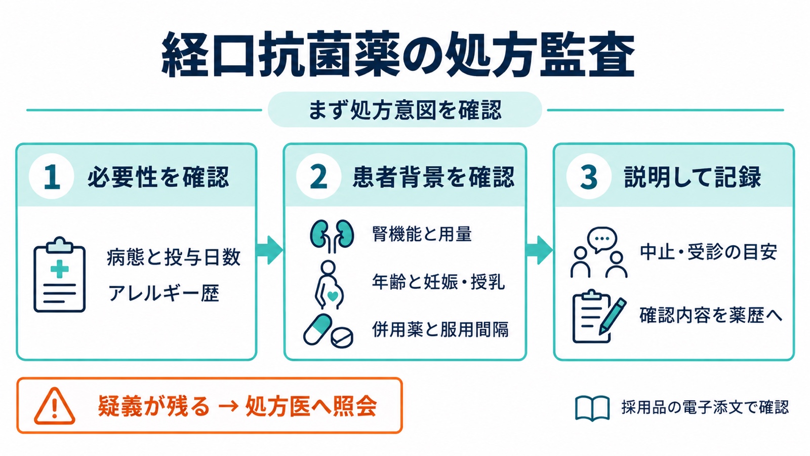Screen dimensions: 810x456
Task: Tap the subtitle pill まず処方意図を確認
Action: click(x=404, y=109)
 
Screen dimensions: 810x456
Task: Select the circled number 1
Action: click(x=52, y=177)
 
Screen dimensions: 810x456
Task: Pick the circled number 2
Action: click(x=318, y=177)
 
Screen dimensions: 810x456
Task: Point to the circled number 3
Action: click(x=589, y=177)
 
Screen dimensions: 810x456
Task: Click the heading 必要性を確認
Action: click(x=158, y=177)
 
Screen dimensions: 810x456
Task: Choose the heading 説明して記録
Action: click(x=692, y=177)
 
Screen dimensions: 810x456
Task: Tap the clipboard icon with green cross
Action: click(x=60, y=275)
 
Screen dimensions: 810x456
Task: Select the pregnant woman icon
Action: click(x=329, y=285)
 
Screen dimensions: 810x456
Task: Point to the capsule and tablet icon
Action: click(x=328, y=331)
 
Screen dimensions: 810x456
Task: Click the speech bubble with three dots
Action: click(x=602, y=239)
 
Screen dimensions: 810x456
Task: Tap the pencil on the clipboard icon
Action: click(x=613, y=316)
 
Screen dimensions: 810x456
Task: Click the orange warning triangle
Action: click(x=55, y=406)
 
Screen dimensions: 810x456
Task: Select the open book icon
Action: click(x=592, y=408)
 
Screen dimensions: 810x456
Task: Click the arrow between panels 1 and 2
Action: click(x=270, y=250)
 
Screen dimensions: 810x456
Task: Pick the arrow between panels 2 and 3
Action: click(x=539, y=250)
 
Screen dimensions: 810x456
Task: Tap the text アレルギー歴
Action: click(x=164, y=293)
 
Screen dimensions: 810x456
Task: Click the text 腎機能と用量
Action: click(x=422, y=234)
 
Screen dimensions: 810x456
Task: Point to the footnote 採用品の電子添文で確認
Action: click(x=705, y=407)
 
